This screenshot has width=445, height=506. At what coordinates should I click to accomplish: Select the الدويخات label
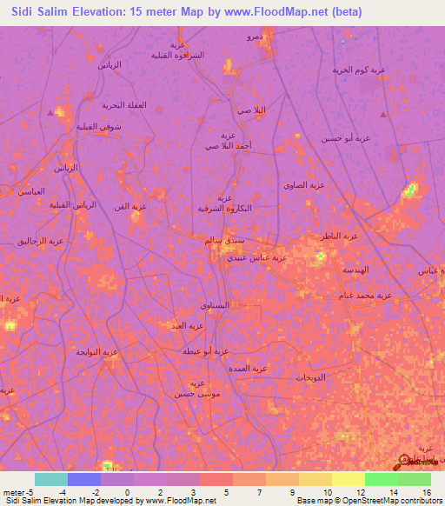coord(309,377)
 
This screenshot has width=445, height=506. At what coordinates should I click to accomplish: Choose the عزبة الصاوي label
coord(303,184)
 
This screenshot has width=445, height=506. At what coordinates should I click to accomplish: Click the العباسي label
coord(31,190)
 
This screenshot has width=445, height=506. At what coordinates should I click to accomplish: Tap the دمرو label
coord(254,37)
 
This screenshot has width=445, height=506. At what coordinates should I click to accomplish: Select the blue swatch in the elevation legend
coord(83,479)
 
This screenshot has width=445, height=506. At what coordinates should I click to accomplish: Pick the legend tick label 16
coord(426,492)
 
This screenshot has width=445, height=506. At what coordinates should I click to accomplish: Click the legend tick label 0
coord(127,492)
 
